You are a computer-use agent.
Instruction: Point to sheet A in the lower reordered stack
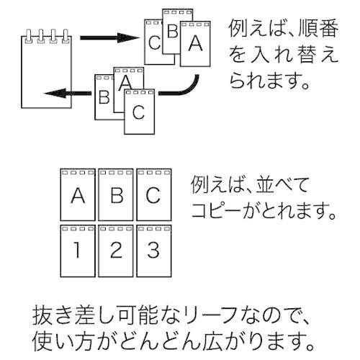[125, 81]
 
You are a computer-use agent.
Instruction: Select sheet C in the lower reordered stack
[139, 113]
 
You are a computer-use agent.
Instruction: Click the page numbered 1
[78, 251]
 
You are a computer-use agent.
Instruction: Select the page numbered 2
[116, 251]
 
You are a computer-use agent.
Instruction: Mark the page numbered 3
[154, 251]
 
